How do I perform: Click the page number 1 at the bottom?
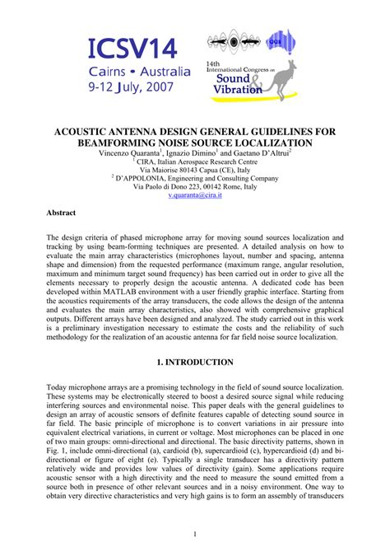pyautogui.click(x=195, y=534)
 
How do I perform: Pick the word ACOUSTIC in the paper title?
pyautogui.click(x=88, y=131)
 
